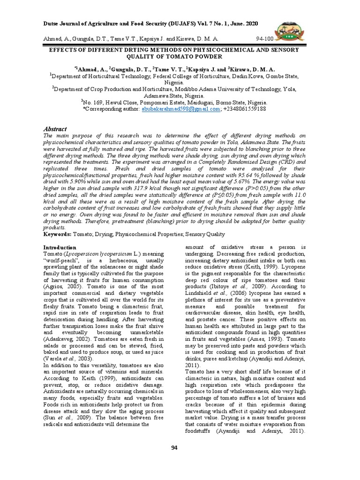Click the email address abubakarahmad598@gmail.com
coord(180,108)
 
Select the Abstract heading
coord(55,129)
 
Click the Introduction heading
coord(60,247)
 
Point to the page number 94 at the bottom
coord(174,448)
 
